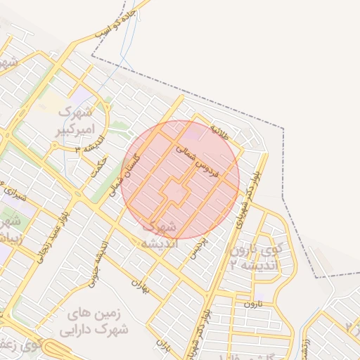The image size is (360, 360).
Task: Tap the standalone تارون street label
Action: click(x=252, y=304)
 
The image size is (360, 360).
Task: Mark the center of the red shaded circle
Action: click(x=180, y=180)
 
